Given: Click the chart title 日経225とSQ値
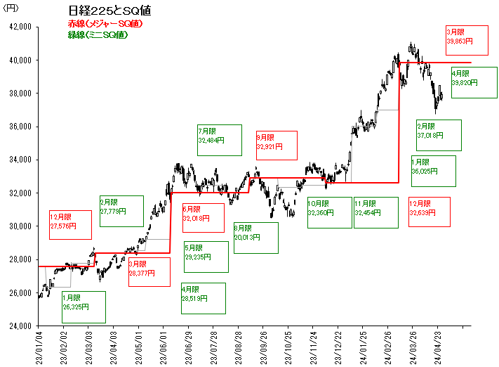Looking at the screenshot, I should tap(109, 11).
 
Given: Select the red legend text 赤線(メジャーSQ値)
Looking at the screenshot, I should tap(106, 24).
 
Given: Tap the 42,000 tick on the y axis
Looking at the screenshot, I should tap(21, 27).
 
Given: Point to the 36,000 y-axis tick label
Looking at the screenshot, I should tap(21, 127).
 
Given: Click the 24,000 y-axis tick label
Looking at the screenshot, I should tap(21, 326).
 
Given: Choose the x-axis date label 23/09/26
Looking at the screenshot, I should tap(264, 345).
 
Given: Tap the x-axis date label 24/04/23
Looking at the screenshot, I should tap(439, 345).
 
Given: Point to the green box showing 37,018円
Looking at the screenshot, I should tap(439, 135).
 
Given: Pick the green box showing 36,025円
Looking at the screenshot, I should tap(433, 171).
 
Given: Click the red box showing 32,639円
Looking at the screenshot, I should tap(430, 212).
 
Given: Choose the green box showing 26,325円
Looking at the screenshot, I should tap(84, 307).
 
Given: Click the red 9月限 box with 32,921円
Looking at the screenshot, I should tap(277, 146).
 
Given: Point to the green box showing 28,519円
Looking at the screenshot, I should tap(203, 298).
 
